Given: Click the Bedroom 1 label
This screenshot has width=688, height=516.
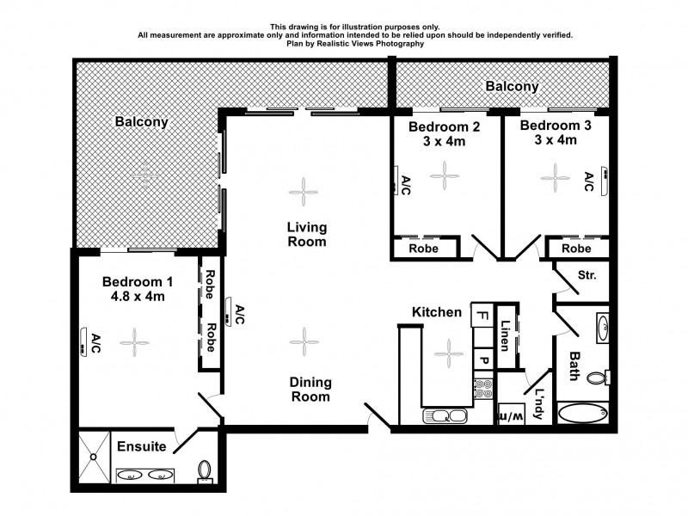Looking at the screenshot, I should point(138,281).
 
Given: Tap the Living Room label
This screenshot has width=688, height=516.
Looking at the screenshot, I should point(306,234).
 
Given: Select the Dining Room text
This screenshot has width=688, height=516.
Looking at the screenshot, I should point(310,390).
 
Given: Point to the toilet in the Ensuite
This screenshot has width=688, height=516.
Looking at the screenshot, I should point(205,471).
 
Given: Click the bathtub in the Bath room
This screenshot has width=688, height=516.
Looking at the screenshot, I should point(583,414).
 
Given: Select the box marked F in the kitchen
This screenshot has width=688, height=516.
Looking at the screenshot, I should point(482,316).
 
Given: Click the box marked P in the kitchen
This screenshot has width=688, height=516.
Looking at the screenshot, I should point(483,360).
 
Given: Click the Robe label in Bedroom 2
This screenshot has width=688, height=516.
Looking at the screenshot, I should point(423,249).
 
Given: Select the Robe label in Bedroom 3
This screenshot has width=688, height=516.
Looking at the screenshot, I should point(576,249).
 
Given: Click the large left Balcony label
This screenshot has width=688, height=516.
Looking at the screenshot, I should point(142,122).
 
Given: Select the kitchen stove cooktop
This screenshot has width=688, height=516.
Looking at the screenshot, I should point(483,390).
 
